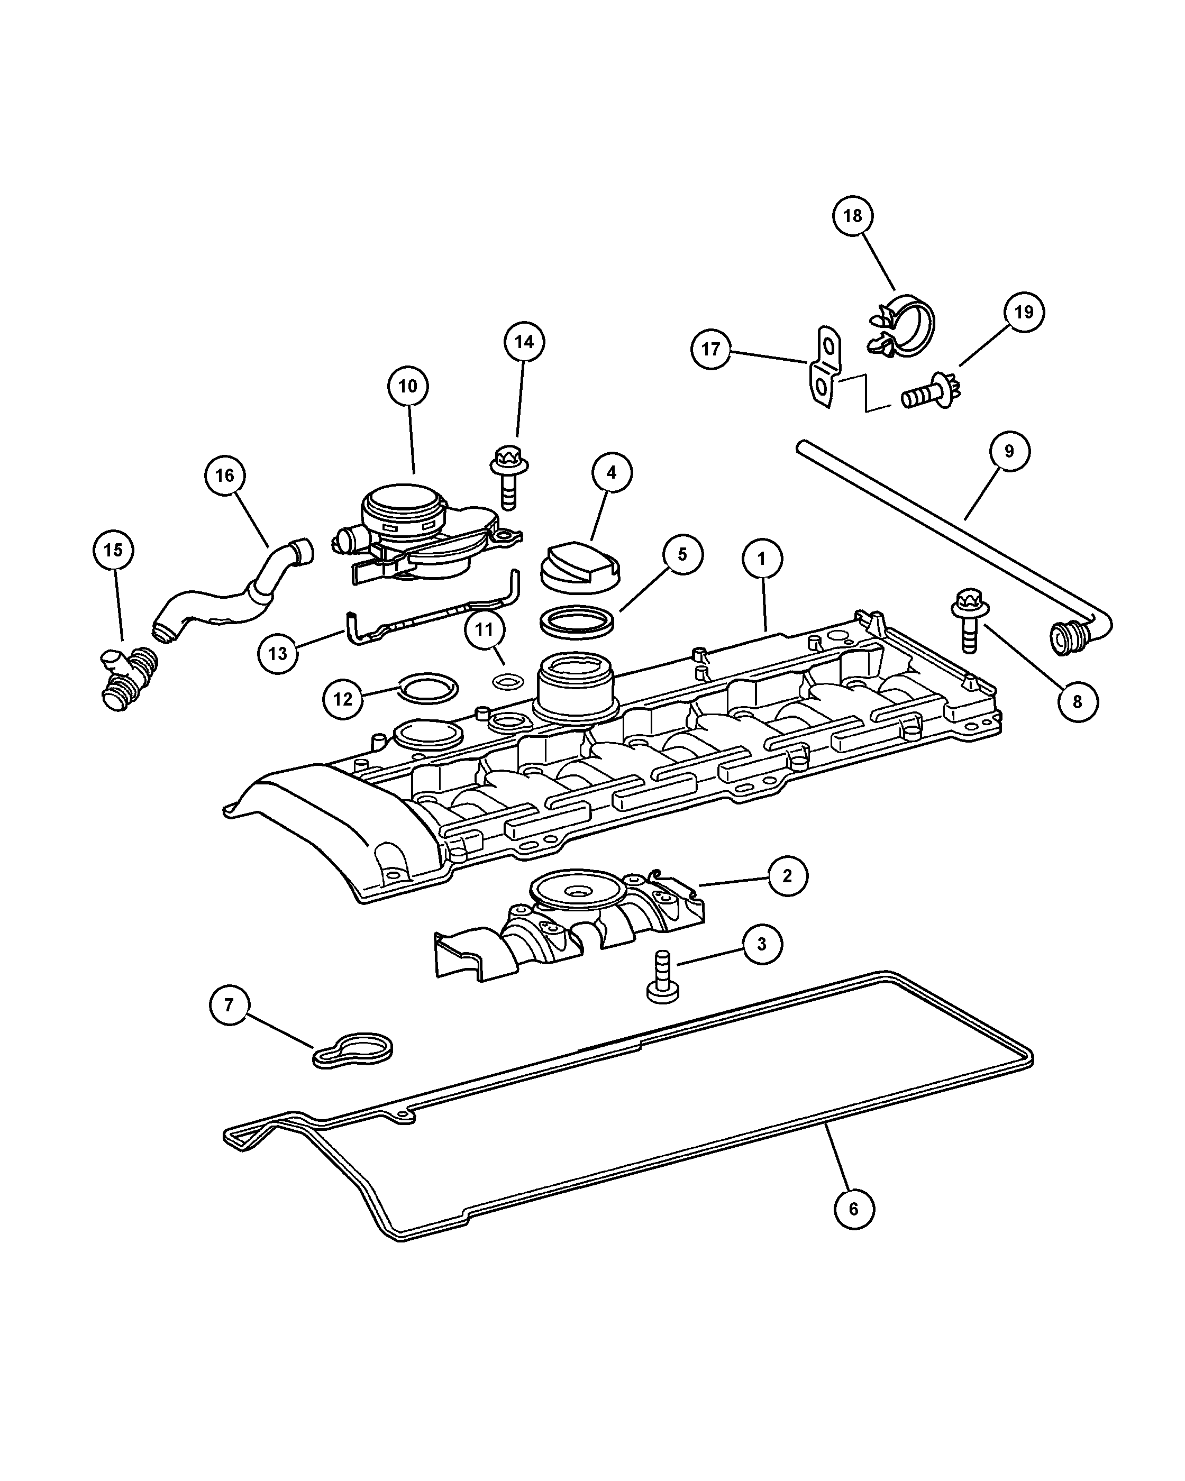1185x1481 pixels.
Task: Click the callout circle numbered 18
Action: coord(853,216)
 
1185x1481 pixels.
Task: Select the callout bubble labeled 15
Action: coord(113,550)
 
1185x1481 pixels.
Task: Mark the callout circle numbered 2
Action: coord(787,876)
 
